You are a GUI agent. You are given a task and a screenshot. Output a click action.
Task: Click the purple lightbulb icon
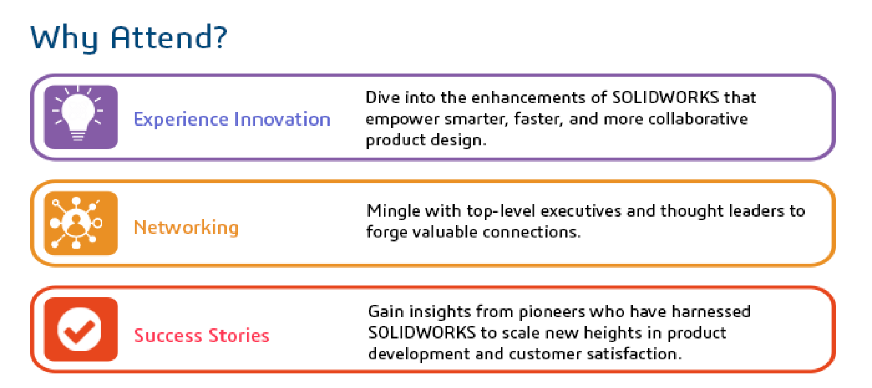[81, 117]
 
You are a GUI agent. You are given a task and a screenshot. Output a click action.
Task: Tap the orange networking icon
[81, 223]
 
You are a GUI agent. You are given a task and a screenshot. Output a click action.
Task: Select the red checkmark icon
[81, 329]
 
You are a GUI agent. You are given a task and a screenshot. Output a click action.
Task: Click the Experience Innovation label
[232, 119]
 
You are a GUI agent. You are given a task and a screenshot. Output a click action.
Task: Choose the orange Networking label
[186, 228]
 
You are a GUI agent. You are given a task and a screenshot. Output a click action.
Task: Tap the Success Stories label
[201, 336]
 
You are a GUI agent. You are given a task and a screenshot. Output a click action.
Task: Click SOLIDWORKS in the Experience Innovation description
[665, 97]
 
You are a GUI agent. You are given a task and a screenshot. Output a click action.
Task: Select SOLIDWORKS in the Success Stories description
[422, 333]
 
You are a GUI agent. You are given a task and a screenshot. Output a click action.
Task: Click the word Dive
[383, 97]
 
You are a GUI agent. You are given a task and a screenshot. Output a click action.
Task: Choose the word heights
[613, 333]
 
